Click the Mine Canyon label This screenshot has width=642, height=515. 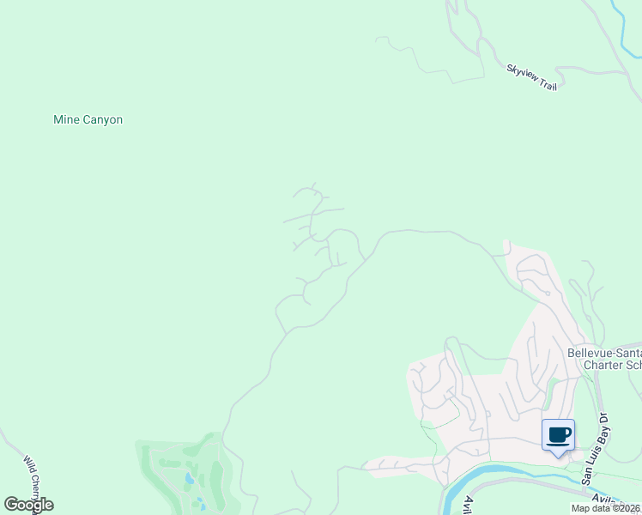[x=88, y=120]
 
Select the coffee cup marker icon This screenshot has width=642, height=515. [x=558, y=435]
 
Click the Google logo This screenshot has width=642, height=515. [x=28, y=505]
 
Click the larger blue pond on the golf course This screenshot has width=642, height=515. [x=188, y=476]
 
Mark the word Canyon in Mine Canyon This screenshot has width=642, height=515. [x=103, y=120]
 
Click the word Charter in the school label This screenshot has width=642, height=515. [x=603, y=365]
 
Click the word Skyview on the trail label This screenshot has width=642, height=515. [x=522, y=73]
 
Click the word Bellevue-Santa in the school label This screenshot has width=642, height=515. [x=604, y=353]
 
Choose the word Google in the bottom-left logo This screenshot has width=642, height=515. [x=28, y=505]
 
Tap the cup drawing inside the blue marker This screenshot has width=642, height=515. [x=559, y=433]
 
